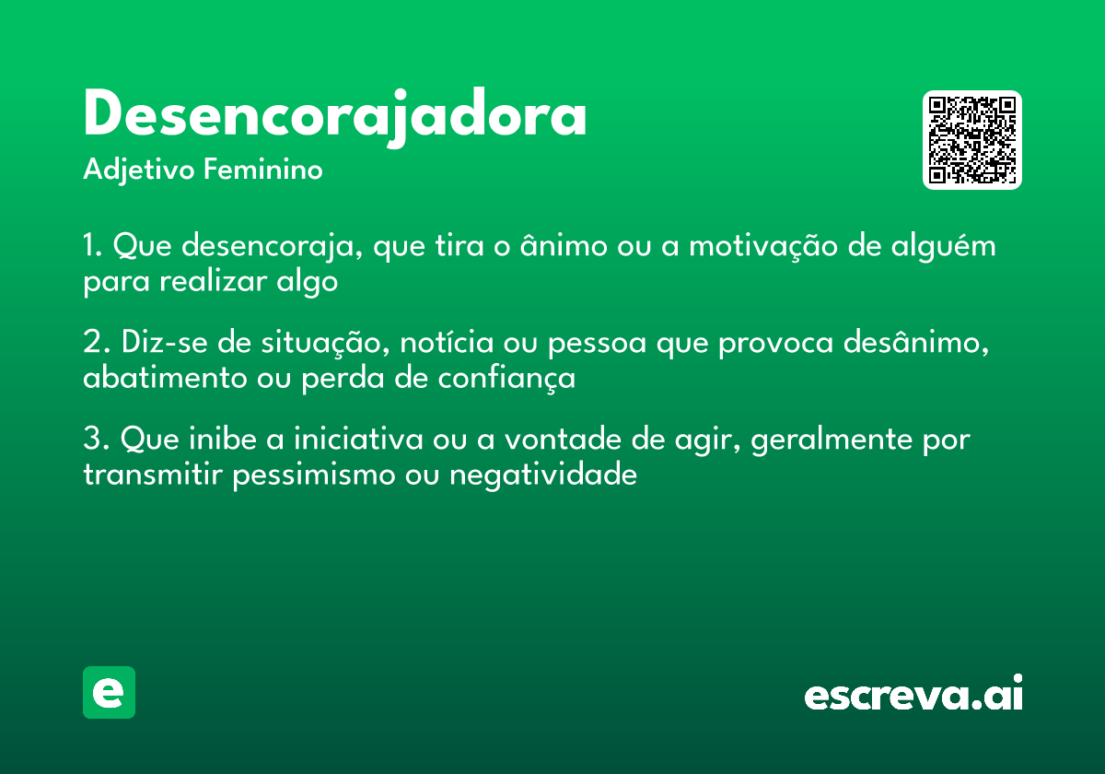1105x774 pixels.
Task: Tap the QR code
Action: point(971,140)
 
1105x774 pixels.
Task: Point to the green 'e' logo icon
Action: point(109,692)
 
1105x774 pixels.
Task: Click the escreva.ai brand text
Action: point(913,694)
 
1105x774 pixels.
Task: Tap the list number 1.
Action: point(90,247)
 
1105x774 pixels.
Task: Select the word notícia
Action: point(444,343)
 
